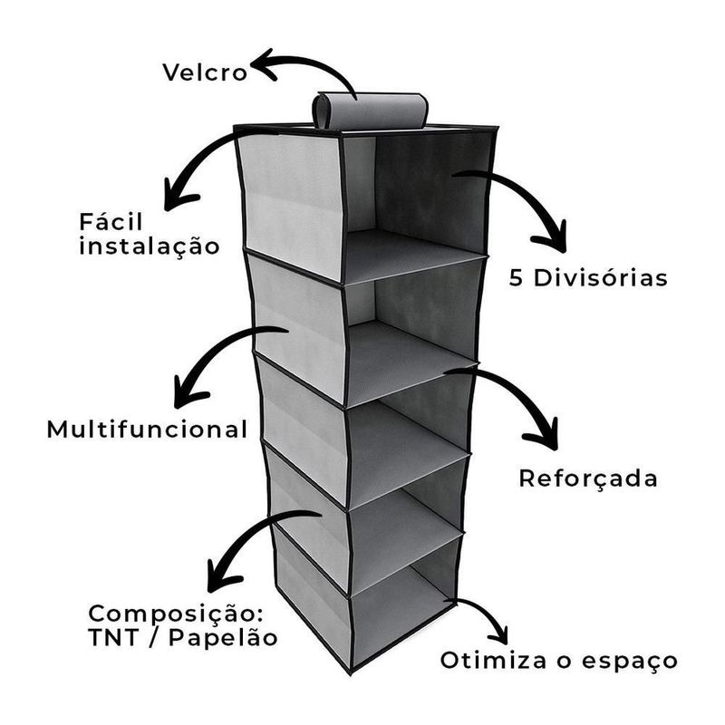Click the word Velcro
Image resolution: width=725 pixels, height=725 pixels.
(204, 72)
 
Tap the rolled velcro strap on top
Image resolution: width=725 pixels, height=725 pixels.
(370, 110)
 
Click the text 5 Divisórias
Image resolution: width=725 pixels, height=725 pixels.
(588, 276)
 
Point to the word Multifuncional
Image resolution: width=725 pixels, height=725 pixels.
(147, 429)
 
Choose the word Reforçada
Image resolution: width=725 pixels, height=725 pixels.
(587, 478)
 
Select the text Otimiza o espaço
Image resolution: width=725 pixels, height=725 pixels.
(559, 660)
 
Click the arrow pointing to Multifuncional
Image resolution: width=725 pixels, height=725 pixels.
(217, 362)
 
